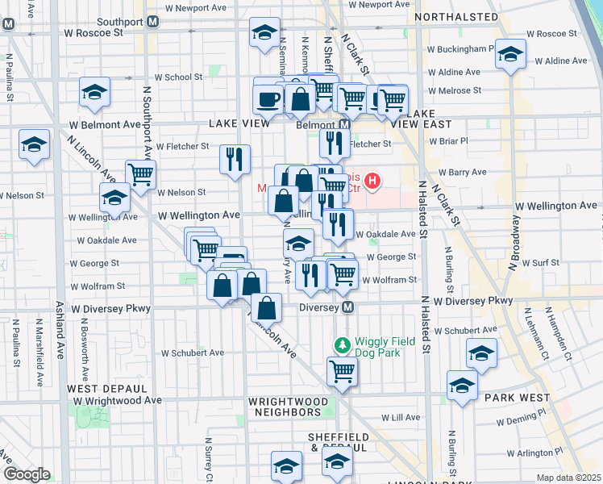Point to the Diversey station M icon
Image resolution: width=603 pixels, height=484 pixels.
pos(347,308)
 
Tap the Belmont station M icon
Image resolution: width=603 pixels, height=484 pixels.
pos(343,126)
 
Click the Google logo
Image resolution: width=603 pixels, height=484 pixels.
pos(26,474)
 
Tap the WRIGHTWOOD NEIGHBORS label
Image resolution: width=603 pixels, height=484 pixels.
pos(288,407)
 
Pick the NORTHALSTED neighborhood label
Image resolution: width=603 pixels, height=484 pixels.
pos(455,17)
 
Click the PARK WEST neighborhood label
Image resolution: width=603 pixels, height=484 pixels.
pos(517,397)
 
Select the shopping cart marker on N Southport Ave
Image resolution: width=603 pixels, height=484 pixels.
pos(141,172)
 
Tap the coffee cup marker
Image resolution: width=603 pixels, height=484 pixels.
pos(268,98)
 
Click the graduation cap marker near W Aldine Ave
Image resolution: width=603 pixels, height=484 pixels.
pos(509,53)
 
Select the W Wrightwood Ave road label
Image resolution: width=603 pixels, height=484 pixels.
pos(115,400)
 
